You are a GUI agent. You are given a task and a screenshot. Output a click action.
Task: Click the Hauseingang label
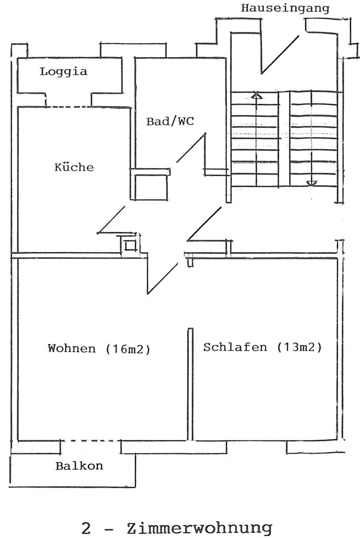tap(285, 8)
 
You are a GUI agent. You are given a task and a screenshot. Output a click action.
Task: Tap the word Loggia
tap(64, 71)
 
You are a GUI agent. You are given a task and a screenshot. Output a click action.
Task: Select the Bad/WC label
tap(170, 121)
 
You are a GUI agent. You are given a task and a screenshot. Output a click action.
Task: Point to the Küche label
tap(74, 167)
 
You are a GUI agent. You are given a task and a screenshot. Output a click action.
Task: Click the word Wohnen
tap(71, 348)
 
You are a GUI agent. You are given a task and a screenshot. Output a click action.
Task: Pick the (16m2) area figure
tap(128, 349)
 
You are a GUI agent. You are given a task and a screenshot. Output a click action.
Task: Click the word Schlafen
tap(235, 347)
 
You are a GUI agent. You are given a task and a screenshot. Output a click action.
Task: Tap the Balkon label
tap(79, 465)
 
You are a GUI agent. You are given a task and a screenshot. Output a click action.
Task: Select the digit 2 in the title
tap(86, 528)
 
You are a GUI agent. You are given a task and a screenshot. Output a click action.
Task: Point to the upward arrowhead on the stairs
tap(256, 96)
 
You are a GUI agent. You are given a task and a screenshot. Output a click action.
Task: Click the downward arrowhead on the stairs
tap(312, 183)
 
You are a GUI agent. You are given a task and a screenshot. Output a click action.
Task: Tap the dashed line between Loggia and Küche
tap(69, 107)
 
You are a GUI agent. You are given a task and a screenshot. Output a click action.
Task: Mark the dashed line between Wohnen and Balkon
tap(90, 441)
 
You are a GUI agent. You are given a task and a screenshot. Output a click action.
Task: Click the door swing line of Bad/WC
tap(191, 148)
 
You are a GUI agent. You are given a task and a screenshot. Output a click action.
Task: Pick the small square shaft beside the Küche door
tap(129, 246)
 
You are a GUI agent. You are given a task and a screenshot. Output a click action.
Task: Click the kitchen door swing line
tap(111, 220)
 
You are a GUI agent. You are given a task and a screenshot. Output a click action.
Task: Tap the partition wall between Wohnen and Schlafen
tap(190, 384)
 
